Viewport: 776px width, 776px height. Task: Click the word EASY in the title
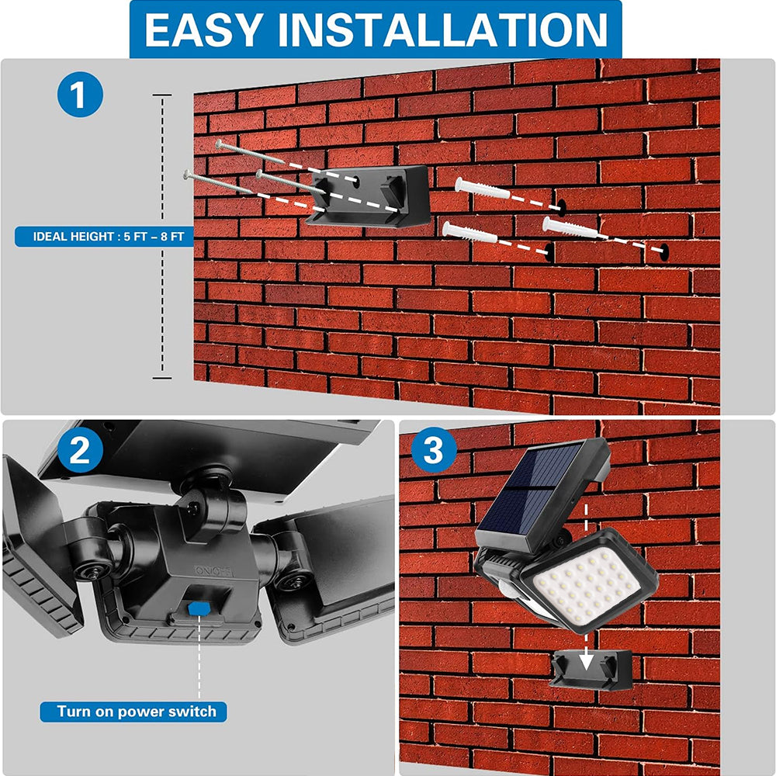click(203, 29)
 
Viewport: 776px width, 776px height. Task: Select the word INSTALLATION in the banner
click(442, 29)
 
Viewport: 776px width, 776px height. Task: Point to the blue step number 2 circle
click(80, 451)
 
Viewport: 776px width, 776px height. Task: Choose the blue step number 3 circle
click(433, 451)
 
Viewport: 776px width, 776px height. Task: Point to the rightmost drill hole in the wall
click(664, 251)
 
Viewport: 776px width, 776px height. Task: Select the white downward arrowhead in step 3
click(587, 661)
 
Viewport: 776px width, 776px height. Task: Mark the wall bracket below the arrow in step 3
click(590, 670)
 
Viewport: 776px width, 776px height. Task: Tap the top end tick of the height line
click(161, 95)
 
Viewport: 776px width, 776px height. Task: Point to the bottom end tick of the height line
click(161, 378)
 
